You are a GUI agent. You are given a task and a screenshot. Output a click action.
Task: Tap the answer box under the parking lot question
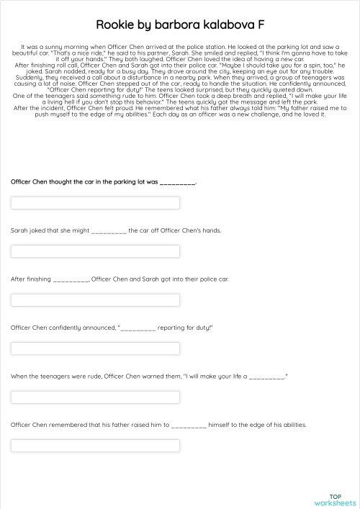(95, 202)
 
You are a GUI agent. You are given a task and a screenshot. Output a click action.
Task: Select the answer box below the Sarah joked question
(95, 251)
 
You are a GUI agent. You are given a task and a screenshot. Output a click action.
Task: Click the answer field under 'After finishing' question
(95, 299)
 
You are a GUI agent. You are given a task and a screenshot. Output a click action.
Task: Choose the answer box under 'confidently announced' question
(95, 348)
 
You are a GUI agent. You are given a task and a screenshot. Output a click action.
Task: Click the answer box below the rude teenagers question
(95, 397)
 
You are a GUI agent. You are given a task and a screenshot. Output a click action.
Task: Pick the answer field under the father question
(95, 445)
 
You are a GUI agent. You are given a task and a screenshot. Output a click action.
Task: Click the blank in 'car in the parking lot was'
(177, 183)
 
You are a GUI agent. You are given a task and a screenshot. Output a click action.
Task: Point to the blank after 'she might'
(109, 231)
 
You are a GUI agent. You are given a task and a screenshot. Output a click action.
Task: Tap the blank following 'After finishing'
(71, 279)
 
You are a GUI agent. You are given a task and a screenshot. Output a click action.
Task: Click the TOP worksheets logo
(341, 500)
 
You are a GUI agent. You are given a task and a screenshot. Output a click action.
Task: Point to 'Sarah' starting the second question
(19, 230)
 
